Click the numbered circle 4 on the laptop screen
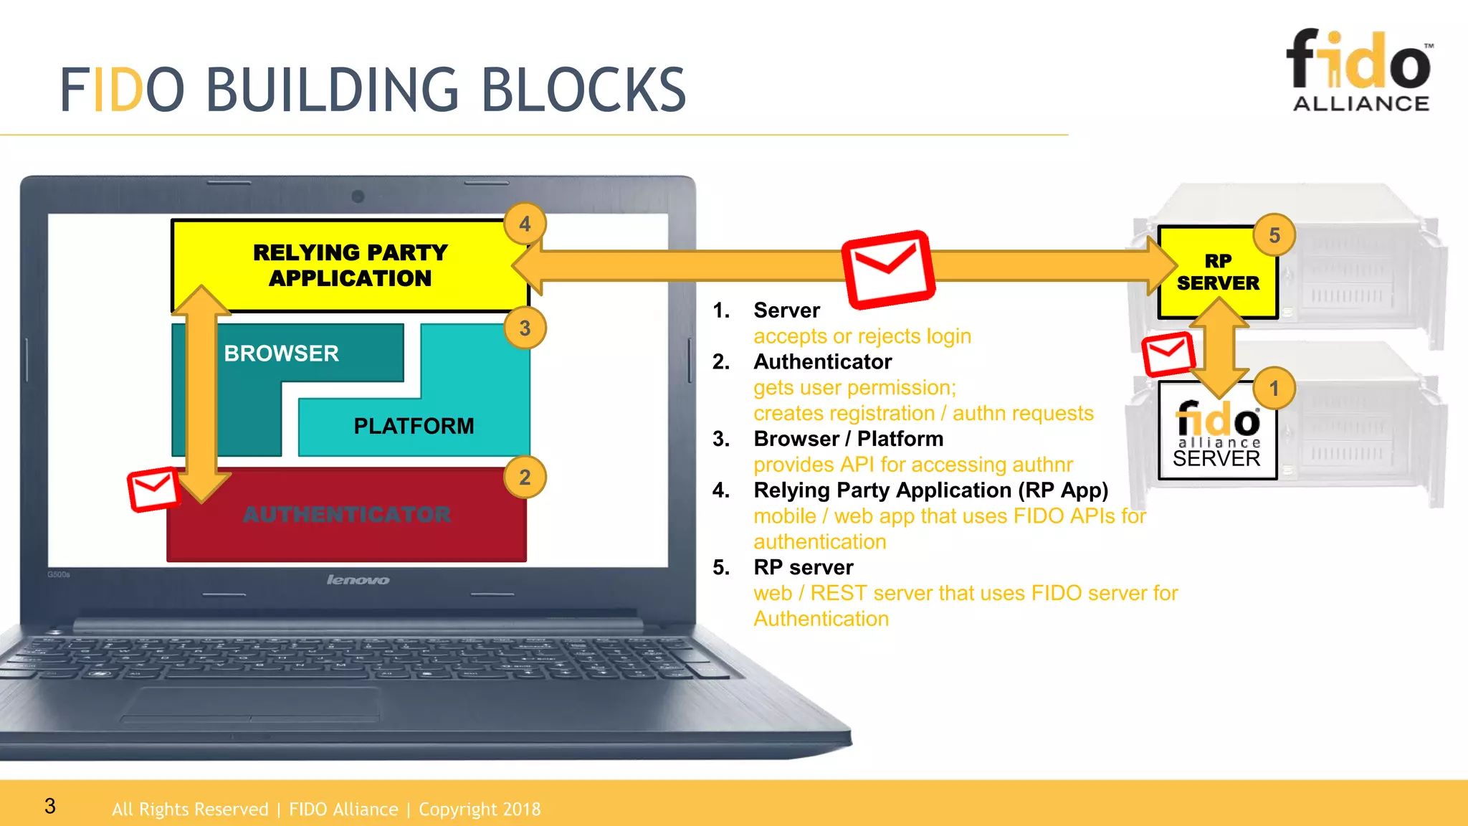525,224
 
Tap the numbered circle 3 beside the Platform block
525,328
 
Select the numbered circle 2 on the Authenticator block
525,478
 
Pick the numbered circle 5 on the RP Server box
1274,235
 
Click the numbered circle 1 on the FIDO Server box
1274,389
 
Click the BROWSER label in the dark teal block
281,353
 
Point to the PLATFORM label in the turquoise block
414,426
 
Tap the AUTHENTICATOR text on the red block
347,514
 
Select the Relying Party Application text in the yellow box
350,265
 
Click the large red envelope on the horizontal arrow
888,269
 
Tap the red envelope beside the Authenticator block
153,489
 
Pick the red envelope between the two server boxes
1168,353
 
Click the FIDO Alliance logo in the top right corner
1360,70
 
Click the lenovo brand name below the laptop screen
358,579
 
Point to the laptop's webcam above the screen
358,196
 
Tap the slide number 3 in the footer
49,806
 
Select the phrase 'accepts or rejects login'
862,336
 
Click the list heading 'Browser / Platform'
848,439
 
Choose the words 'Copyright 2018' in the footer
479,810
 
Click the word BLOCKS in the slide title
583,90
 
